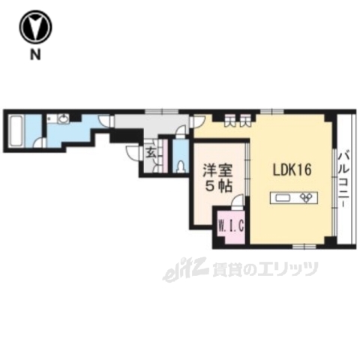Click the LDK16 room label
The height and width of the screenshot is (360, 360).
coord(291,170)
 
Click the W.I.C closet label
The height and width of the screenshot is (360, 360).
coord(230,223)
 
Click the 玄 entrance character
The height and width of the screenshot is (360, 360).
coord(150,152)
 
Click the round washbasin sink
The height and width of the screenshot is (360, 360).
coord(63,118)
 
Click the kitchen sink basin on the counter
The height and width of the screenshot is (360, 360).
coord(284,198)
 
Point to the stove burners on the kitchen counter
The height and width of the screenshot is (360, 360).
coord(307,198)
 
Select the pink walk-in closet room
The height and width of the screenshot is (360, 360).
coord(231,229)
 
